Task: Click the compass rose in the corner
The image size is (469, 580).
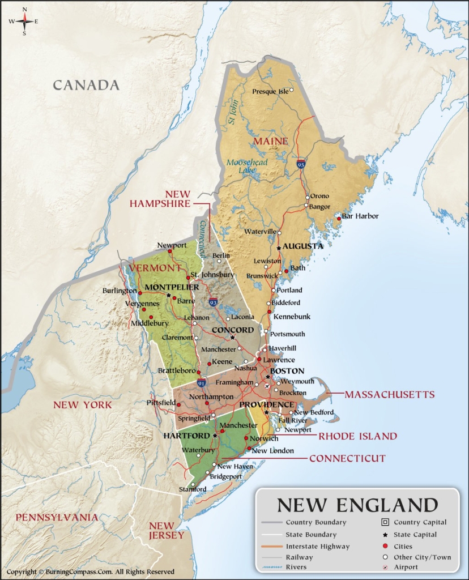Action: [24, 22]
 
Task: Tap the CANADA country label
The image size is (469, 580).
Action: [86, 86]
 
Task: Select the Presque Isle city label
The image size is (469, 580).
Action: [270, 91]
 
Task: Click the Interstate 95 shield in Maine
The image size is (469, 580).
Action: [301, 164]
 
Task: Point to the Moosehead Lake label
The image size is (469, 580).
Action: [245, 166]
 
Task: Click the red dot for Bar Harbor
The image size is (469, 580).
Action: [339, 218]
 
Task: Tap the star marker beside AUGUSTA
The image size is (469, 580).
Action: [279, 248]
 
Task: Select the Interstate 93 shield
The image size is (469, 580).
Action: [213, 302]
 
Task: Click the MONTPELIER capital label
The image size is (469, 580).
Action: [172, 287]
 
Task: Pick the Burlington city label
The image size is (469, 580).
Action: [120, 291]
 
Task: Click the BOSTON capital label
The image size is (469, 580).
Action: [287, 371]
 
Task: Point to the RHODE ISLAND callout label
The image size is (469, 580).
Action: [357, 436]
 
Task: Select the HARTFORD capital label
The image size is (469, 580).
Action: [186, 436]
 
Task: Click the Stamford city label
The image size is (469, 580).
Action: [190, 489]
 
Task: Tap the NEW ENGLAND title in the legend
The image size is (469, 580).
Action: [357, 505]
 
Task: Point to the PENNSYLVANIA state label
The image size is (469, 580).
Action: [57, 517]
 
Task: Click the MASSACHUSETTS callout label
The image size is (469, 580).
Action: [389, 394]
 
